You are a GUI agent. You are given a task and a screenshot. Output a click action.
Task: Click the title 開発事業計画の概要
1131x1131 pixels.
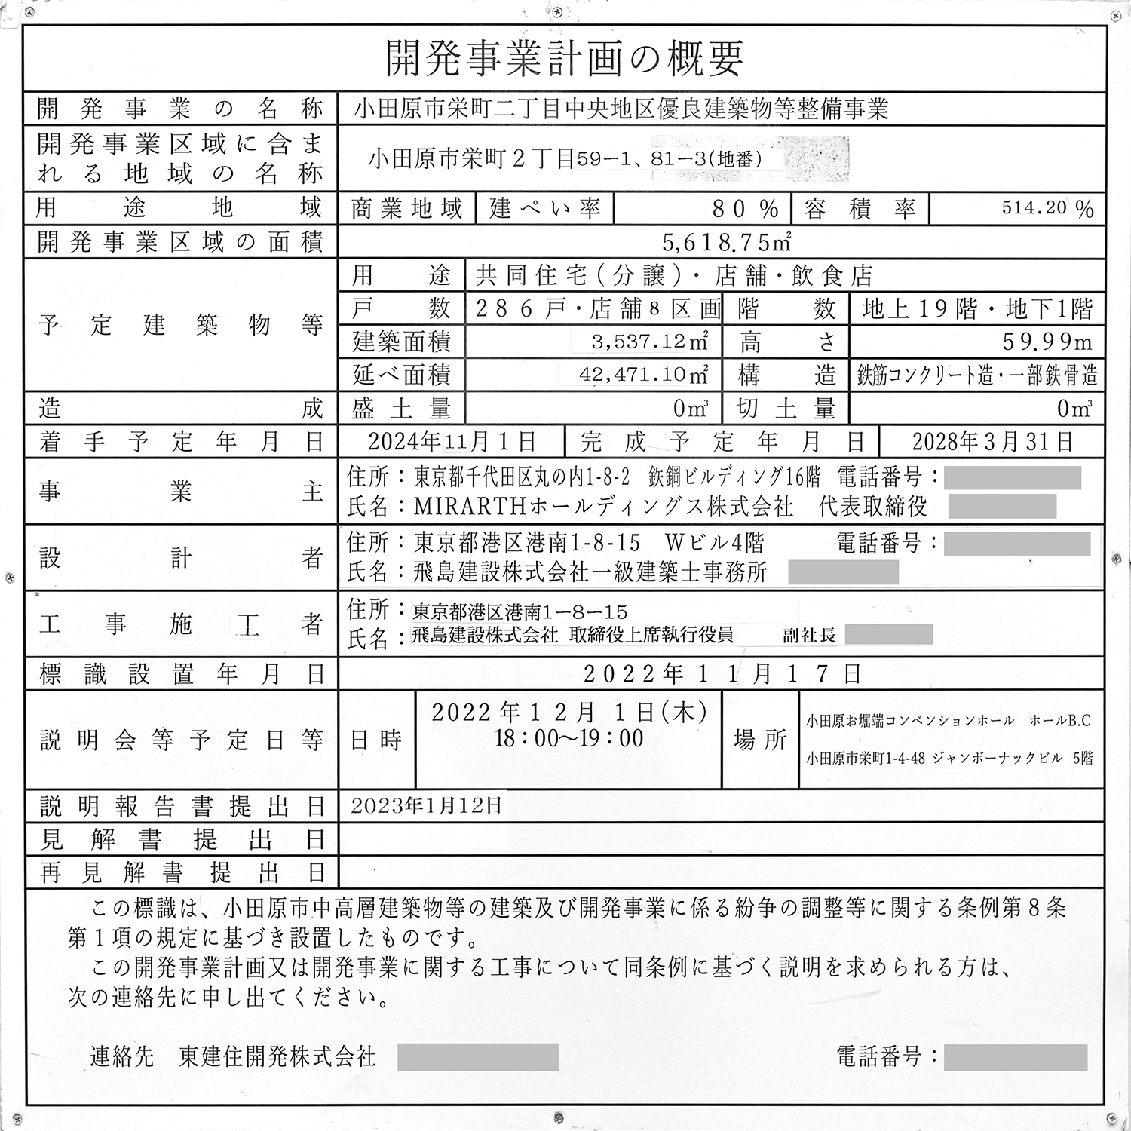(564, 58)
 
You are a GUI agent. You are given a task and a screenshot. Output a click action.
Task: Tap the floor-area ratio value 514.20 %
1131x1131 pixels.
(1047, 208)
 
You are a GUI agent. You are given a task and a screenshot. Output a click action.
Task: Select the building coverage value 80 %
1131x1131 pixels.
(745, 208)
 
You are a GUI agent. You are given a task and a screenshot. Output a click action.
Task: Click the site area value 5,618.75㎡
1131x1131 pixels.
(726, 242)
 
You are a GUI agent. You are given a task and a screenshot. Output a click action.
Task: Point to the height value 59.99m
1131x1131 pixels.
(1047, 342)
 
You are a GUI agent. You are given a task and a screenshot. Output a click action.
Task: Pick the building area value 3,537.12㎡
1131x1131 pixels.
(649, 342)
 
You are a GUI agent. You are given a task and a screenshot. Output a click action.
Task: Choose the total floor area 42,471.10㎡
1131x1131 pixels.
(643, 375)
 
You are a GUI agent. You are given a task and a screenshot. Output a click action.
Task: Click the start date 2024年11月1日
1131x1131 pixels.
(452, 442)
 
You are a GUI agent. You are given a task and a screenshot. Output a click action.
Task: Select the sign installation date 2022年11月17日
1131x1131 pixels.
(722, 673)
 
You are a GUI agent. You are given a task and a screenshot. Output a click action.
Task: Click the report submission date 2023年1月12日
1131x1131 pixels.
(426, 806)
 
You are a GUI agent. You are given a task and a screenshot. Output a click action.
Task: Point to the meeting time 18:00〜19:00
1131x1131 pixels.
(569, 738)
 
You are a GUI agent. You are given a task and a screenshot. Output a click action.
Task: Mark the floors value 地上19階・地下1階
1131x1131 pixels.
(977, 308)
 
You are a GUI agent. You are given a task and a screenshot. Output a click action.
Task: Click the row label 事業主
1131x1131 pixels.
(181, 492)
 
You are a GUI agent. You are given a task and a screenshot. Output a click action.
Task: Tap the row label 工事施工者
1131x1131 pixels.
(181, 624)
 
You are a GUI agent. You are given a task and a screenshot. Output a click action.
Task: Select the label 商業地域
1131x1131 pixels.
(406, 209)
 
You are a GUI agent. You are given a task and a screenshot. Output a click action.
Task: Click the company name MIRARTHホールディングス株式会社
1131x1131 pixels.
(603, 507)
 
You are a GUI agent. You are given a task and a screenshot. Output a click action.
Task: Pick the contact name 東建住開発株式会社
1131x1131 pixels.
(277, 1056)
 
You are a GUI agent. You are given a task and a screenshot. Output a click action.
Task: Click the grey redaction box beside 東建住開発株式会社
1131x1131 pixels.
(478, 1057)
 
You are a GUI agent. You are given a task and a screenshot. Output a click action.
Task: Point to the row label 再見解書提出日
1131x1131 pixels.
(181, 872)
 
